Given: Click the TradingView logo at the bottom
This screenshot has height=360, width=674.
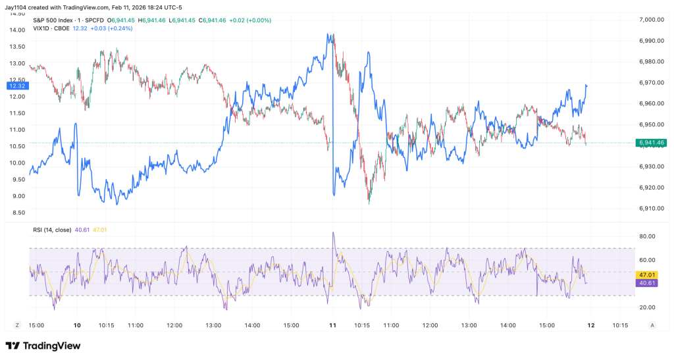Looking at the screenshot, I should (43, 346).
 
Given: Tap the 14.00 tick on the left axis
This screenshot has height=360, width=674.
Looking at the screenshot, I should (17, 30).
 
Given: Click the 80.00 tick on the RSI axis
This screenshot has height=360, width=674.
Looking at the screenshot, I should (648, 236).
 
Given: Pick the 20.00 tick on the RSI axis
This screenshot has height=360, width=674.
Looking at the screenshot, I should (648, 307).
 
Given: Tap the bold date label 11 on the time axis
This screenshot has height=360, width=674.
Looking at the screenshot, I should (333, 325).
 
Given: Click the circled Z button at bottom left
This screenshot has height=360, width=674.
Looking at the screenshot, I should (17, 325).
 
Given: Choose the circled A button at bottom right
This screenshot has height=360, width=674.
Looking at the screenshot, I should (652, 325).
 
